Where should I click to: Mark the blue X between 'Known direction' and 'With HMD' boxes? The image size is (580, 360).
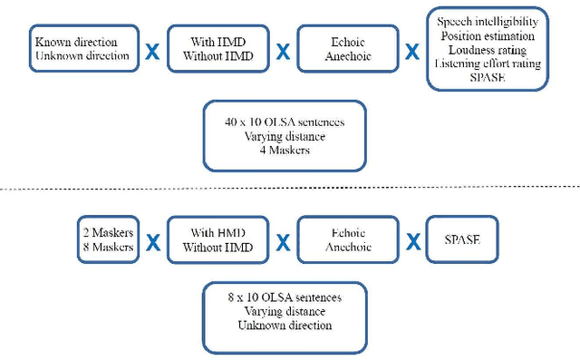click(x=152, y=52)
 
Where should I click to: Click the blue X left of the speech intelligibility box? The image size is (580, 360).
click(x=412, y=52)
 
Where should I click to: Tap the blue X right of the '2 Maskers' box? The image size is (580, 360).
click(x=153, y=242)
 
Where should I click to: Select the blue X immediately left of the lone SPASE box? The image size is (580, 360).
click(x=412, y=242)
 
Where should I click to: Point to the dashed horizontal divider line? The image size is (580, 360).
click(x=290, y=188)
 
